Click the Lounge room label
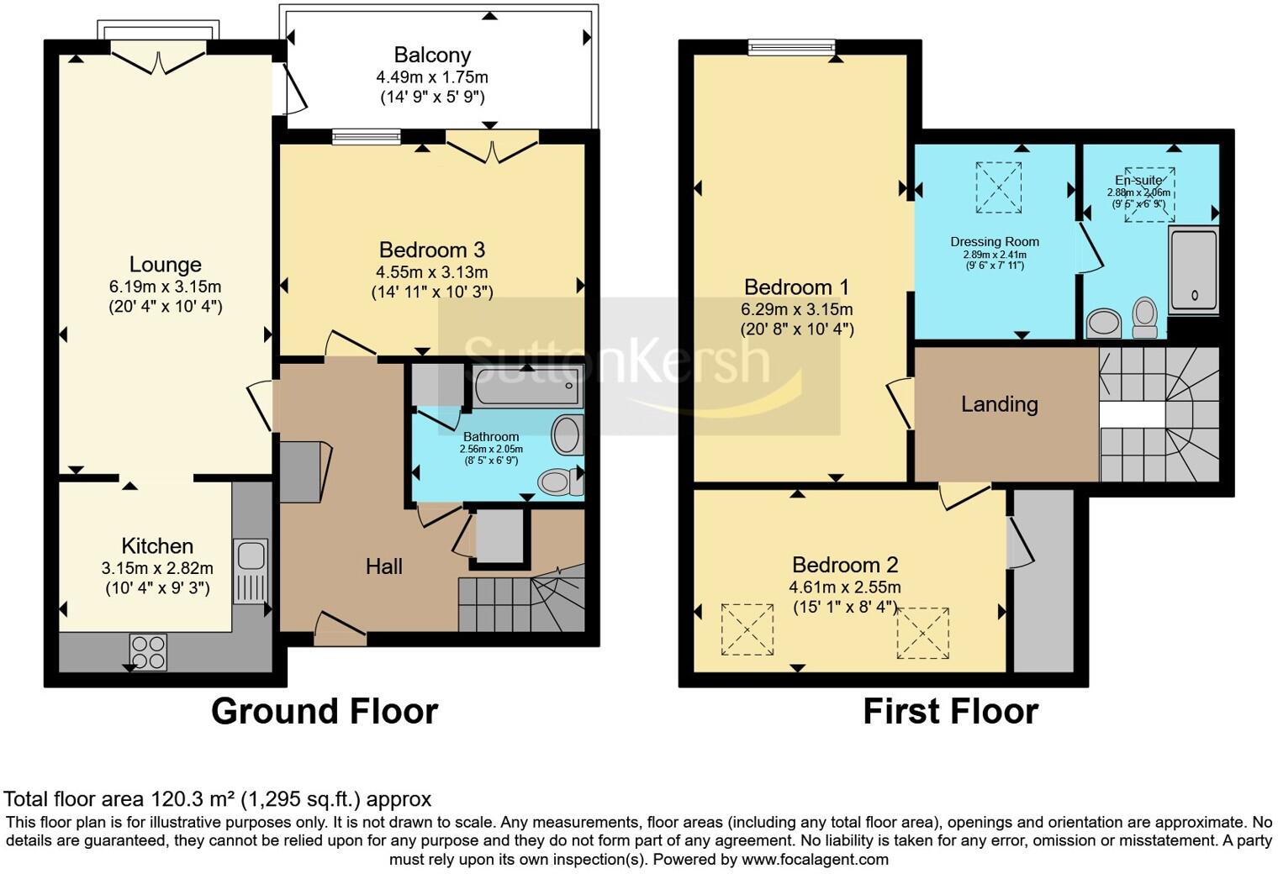click(165, 265)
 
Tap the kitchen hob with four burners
click(148, 651)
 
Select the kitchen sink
click(250, 555)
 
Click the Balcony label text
click(432, 55)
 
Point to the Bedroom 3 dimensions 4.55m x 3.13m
click(432, 272)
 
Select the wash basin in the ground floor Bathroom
click(566, 435)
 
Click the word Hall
click(383, 566)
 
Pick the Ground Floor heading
click(325, 711)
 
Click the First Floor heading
click(950, 711)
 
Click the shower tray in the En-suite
click(1193, 269)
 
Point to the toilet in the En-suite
click(1144, 317)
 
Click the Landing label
click(999, 404)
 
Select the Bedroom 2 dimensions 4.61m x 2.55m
click(844, 587)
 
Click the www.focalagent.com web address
click(815, 860)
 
